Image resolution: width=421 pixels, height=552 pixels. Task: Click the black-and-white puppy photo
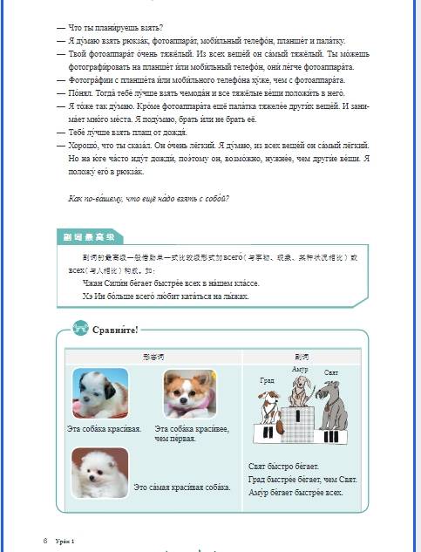(99, 393)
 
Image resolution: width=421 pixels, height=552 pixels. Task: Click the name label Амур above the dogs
(300, 370)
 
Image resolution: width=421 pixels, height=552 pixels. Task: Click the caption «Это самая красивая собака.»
(182, 486)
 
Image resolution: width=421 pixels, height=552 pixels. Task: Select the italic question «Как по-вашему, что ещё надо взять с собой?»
(148, 199)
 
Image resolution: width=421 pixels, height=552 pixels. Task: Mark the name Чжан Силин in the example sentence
(102, 283)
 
